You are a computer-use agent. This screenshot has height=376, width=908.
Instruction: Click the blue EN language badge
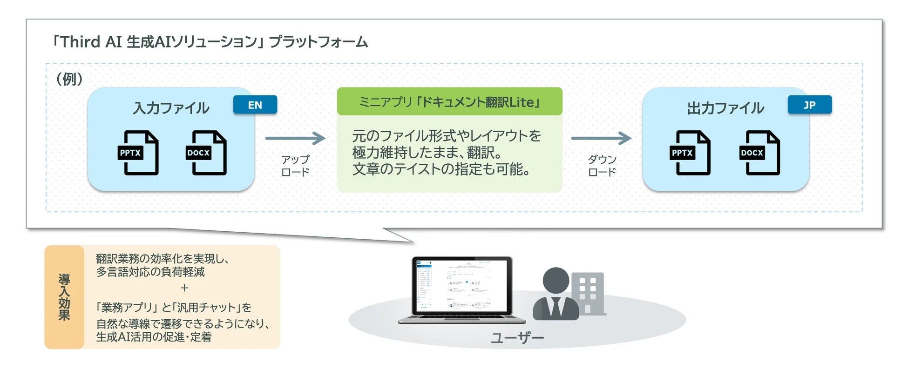click(x=255, y=105)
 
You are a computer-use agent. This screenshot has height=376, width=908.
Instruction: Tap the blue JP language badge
click(x=809, y=105)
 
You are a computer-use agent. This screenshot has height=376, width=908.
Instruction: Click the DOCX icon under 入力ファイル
click(x=206, y=153)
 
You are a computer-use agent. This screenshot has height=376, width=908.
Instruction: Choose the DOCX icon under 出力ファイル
click(x=759, y=153)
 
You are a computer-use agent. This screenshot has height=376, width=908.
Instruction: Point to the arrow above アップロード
click(x=295, y=138)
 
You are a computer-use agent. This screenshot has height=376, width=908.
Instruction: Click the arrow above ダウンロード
click(x=601, y=138)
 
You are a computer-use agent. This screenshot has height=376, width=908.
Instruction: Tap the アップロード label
click(x=295, y=166)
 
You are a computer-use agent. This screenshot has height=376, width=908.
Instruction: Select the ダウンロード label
click(x=602, y=166)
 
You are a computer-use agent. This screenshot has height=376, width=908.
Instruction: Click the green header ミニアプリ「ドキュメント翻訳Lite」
click(x=449, y=101)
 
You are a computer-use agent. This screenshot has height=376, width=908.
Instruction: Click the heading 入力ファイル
click(x=171, y=108)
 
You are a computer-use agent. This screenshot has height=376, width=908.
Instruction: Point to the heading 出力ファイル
click(x=725, y=108)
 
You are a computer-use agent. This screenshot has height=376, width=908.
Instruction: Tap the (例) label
click(x=69, y=79)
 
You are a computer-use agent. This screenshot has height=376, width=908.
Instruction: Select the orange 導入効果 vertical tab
click(x=64, y=297)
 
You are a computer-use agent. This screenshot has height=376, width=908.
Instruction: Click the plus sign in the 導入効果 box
click(x=184, y=288)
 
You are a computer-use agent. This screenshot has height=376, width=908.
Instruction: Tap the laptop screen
click(x=461, y=286)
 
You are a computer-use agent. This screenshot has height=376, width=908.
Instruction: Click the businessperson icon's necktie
click(x=556, y=308)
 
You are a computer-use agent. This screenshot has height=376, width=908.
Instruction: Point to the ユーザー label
click(x=517, y=337)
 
